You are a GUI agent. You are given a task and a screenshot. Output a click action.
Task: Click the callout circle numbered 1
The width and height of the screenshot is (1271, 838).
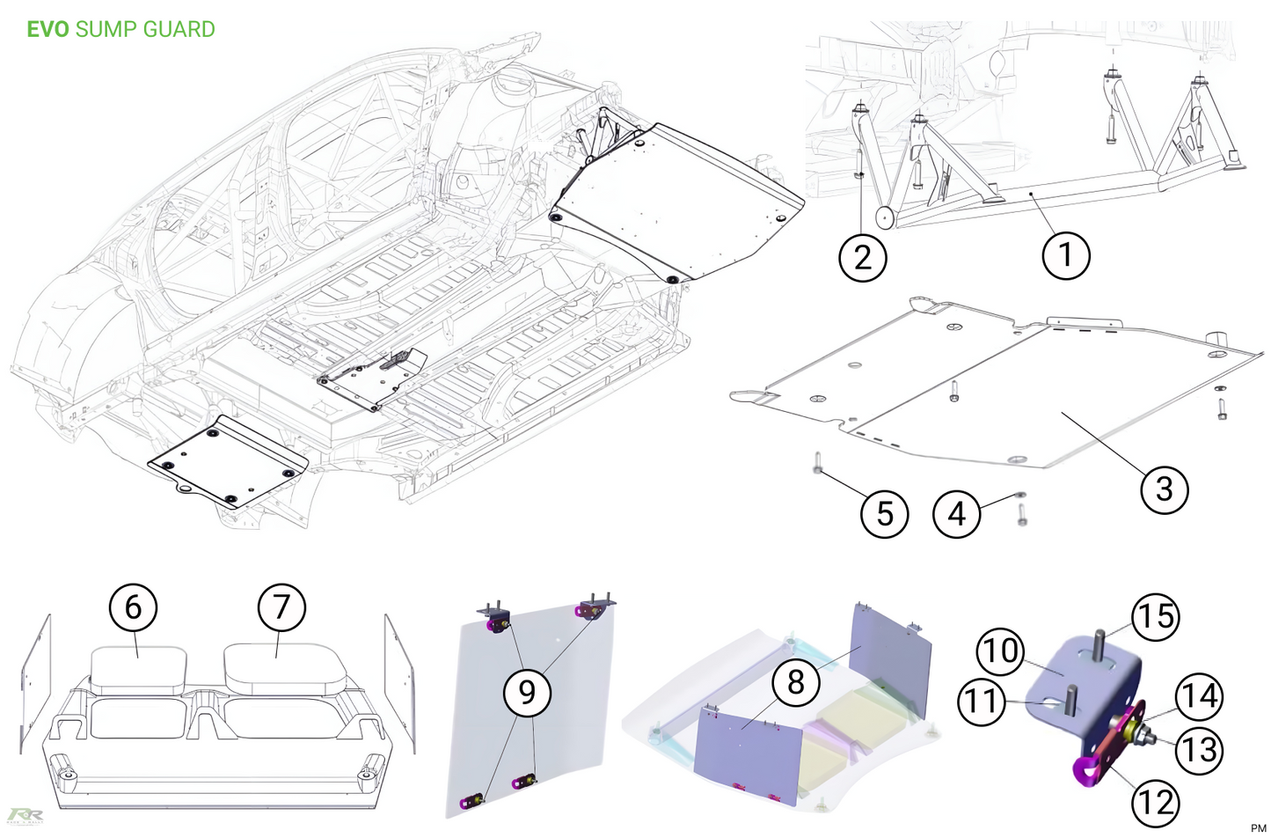pyautogui.click(x=1065, y=255)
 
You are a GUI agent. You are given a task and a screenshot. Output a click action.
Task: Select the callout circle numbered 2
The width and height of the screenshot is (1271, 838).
pyautogui.click(x=863, y=257)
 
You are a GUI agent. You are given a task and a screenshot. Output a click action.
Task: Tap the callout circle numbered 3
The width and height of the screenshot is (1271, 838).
pyautogui.click(x=1164, y=489)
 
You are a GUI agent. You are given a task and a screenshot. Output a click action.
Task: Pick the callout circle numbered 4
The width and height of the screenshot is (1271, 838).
pyautogui.click(x=957, y=514)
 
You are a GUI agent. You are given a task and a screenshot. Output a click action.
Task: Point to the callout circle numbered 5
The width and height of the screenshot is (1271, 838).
pyautogui.click(x=884, y=514)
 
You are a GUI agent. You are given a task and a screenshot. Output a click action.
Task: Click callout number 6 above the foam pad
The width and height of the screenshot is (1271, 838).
pyautogui.click(x=133, y=606)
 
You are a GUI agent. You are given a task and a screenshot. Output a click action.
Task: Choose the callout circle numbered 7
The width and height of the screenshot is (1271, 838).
pyautogui.click(x=281, y=606)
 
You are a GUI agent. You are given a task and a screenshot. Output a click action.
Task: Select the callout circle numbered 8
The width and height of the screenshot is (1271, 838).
pyautogui.click(x=795, y=680)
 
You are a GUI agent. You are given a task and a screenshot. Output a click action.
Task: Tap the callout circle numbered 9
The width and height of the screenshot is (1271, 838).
pyautogui.click(x=527, y=692)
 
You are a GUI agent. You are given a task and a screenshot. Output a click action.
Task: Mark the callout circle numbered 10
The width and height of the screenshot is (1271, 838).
pyautogui.click(x=1001, y=651)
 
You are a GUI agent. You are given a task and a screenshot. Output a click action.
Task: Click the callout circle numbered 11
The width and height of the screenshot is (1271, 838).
pyautogui.click(x=982, y=702)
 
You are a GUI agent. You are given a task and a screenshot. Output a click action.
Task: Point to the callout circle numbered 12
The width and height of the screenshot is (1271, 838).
pyautogui.click(x=1155, y=802)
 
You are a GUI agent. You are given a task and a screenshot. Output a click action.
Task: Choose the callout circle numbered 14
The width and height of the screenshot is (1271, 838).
pyautogui.click(x=1199, y=695)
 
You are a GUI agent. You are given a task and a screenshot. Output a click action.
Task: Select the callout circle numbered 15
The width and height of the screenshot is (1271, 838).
pyautogui.click(x=1155, y=616)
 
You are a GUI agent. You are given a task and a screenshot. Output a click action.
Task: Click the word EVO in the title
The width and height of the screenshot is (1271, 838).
pyautogui.click(x=47, y=29)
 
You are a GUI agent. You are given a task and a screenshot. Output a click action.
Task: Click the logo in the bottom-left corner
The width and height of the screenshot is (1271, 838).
pyautogui.click(x=24, y=816)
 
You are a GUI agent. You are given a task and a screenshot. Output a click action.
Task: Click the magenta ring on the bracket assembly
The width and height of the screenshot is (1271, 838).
pyautogui.click(x=1086, y=771)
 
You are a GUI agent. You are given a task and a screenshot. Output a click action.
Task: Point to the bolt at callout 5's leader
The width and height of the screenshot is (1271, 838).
pyautogui.click(x=818, y=463)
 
